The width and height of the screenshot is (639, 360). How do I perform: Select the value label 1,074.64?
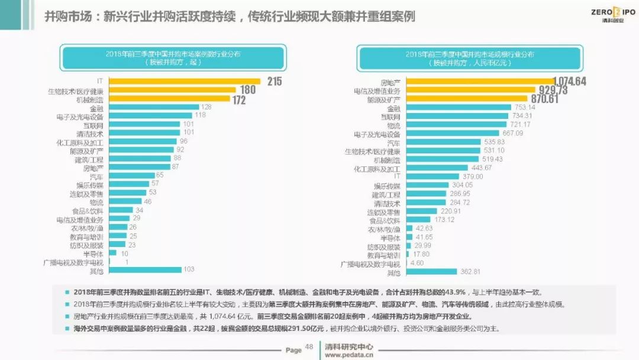coord(569,81)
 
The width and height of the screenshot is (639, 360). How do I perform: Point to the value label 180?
coord(247,90)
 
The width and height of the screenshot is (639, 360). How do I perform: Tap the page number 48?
coord(309,347)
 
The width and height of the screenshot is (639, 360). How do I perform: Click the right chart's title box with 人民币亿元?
coord(470,57)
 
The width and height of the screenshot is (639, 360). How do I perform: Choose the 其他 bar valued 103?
coord(145,270)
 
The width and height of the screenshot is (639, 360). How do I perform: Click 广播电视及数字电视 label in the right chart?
coord(371,263)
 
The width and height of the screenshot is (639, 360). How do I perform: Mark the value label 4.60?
coord(417,263)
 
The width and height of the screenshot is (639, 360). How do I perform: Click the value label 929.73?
coord(551,90)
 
